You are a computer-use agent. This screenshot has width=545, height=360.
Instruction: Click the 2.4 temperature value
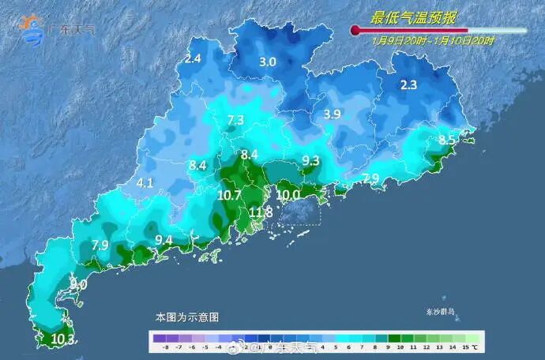[x=193, y=58]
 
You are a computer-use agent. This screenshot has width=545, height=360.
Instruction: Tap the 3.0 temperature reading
[x=268, y=62]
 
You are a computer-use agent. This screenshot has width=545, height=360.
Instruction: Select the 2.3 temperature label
[x=408, y=86]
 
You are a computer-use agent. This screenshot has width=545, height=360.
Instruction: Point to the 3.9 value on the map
[x=332, y=114]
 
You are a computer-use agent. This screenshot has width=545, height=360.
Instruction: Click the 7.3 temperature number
[x=235, y=120]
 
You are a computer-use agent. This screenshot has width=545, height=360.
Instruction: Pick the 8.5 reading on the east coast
[x=447, y=141]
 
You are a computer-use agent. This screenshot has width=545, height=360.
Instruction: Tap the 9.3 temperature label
[x=310, y=161]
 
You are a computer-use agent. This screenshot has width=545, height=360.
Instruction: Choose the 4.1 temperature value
[x=145, y=182]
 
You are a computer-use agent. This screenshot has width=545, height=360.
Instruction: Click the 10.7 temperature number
[x=229, y=195]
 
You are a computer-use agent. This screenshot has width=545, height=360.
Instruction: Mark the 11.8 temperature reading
[x=261, y=212]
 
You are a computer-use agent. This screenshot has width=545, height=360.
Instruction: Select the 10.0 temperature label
[x=288, y=195]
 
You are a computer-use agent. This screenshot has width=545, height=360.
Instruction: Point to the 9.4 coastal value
[x=163, y=240]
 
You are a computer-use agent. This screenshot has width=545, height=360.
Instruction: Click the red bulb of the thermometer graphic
[x=355, y=31]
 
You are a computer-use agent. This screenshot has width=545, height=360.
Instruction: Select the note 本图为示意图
[x=186, y=317]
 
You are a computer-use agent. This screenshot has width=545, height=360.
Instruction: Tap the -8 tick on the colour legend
[x=165, y=346]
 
